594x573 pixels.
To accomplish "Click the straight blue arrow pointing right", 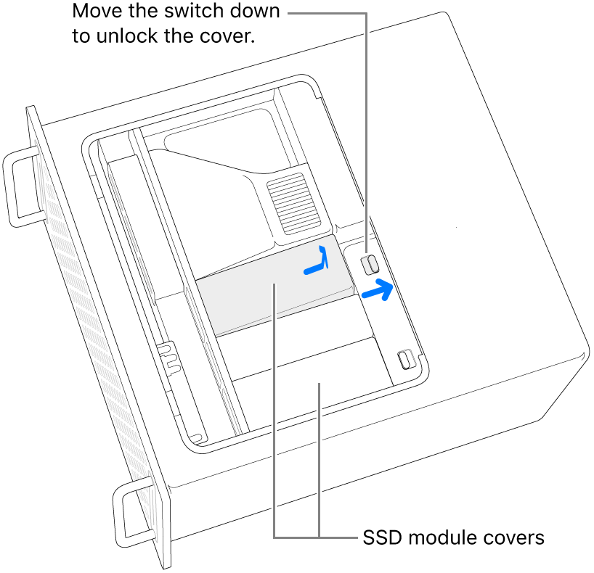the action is (378, 289).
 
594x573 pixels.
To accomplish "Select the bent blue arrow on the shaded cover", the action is (317, 260).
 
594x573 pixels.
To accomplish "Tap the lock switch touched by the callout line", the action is (370, 265).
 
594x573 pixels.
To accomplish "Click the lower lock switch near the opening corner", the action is (405, 359).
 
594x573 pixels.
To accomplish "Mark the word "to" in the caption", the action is (81, 36).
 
